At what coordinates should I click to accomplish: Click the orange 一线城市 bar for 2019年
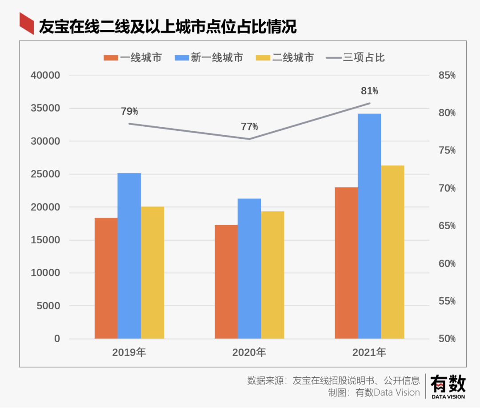click(x=106, y=278)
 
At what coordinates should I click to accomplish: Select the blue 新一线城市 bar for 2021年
click(x=369, y=226)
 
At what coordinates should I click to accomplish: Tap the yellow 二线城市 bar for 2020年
click(x=272, y=275)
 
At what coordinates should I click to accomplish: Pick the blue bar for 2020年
click(x=249, y=268)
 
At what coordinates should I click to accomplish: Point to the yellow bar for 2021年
click(x=393, y=252)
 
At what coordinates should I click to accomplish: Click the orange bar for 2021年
click(x=346, y=263)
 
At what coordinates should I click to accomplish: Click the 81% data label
click(x=369, y=91)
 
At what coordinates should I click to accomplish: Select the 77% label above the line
click(x=249, y=127)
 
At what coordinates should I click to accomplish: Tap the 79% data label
click(x=129, y=112)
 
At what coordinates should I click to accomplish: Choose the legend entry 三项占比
click(x=356, y=57)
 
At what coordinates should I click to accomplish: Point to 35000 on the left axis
click(x=45, y=108)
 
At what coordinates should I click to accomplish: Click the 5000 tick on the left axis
click(x=48, y=306)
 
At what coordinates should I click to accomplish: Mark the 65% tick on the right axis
click(x=447, y=226)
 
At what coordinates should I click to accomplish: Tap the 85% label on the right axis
click(x=447, y=76)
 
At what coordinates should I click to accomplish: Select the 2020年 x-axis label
click(x=249, y=353)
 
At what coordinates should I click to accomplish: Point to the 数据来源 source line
click(x=333, y=381)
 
